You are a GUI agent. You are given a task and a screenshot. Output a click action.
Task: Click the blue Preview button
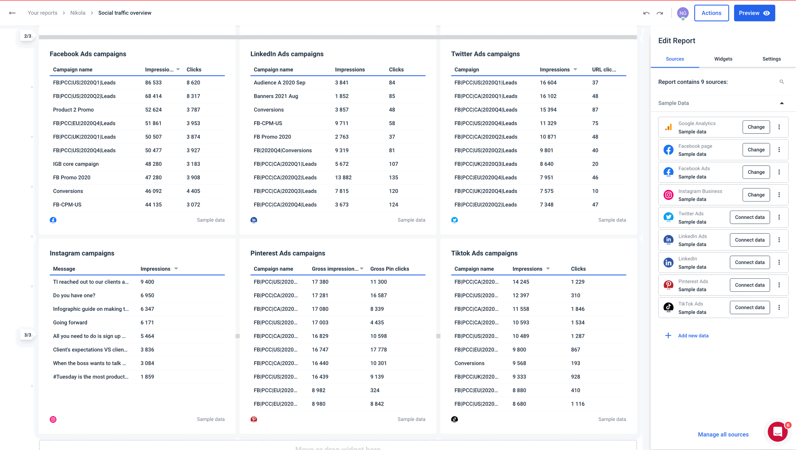(754, 13)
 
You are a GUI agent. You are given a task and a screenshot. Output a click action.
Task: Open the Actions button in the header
(711, 13)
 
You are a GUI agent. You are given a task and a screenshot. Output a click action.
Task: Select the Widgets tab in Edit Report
(723, 59)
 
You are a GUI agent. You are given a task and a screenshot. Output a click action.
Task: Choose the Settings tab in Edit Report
(771, 59)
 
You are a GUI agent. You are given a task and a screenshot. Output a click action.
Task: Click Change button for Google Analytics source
(756, 127)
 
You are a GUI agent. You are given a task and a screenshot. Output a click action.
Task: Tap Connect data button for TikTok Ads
(749, 307)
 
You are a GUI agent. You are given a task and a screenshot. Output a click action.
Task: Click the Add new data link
(693, 336)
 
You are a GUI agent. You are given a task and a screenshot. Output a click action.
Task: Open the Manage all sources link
(723, 434)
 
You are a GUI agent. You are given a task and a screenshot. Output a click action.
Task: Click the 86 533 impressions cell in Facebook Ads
(153, 83)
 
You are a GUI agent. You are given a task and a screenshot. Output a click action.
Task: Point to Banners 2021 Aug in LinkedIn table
(276, 96)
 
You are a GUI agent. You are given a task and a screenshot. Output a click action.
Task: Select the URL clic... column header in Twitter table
(604, 69)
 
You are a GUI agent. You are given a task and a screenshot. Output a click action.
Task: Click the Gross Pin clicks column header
(389, 269)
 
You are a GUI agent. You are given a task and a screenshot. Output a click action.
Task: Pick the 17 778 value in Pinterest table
(378, 350)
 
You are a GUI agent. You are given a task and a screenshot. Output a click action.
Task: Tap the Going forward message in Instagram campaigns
(70, 322)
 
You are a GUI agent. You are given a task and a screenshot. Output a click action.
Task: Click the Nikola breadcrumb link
(78, 13)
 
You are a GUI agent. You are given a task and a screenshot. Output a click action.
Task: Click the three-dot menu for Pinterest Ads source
(779, 285)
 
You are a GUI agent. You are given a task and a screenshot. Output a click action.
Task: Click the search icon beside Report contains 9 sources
(782, 82)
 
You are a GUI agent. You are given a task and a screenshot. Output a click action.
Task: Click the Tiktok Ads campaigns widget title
(484, 253)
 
